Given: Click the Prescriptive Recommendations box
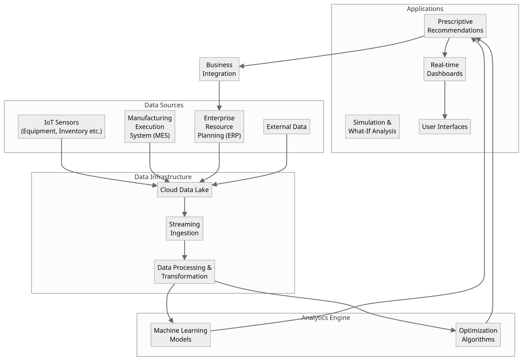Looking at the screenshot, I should pos(455,26).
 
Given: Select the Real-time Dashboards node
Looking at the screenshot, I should pos(444,69).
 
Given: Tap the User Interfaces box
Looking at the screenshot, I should pos(444,127).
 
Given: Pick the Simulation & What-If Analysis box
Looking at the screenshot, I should pos(372,127).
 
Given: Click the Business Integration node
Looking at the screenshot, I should pos(219,69).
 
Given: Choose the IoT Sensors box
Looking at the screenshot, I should pos(61,127).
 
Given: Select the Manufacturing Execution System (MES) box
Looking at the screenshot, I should pos(149,127).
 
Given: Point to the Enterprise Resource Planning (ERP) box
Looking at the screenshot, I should pos(219,127).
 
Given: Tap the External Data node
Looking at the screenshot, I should pos(286,127).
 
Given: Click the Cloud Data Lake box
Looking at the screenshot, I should pos(184,190).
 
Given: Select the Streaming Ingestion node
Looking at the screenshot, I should pos(184,229).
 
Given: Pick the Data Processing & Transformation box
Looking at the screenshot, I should pos(184,272).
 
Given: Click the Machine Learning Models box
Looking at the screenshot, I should pos(180,335).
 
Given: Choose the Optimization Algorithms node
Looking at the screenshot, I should pos(478,335).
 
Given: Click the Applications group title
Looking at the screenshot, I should pos(425,9).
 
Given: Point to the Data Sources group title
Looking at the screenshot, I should pos(164,105).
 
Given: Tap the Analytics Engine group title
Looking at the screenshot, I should pos(326,318).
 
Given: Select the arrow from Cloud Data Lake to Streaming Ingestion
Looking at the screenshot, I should pos(184,207).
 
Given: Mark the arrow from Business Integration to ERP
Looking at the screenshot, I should pos(219,95).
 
